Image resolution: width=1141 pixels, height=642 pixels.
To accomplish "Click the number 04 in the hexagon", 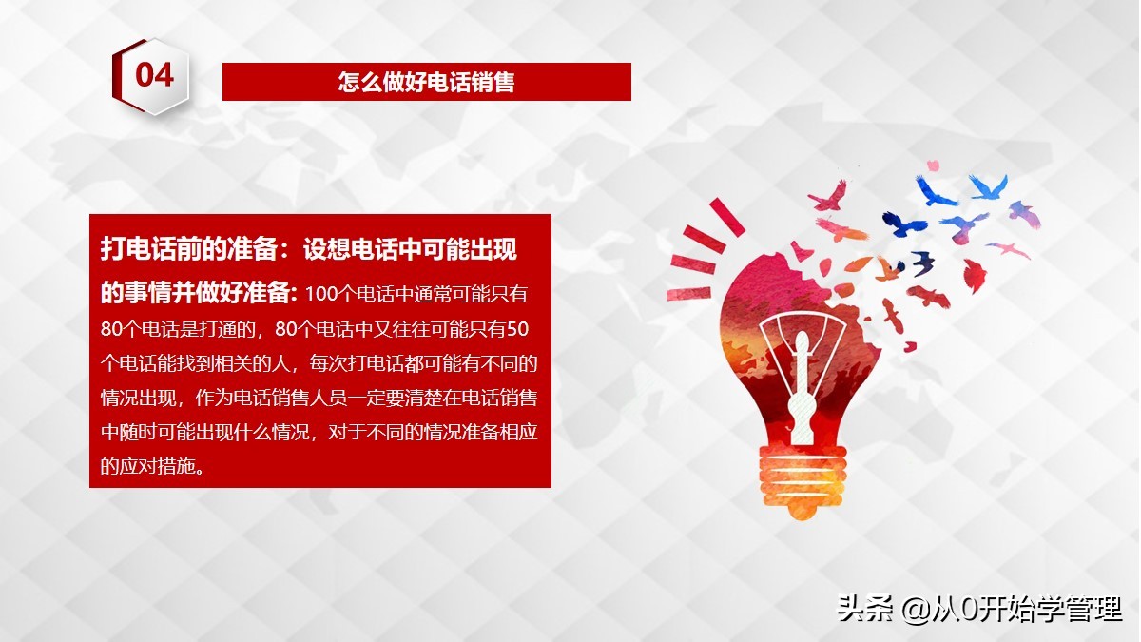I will pyautogui.click(x=154, y=74).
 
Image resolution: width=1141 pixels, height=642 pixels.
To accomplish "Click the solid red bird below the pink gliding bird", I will pyautogui.click(x=975, y=275).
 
